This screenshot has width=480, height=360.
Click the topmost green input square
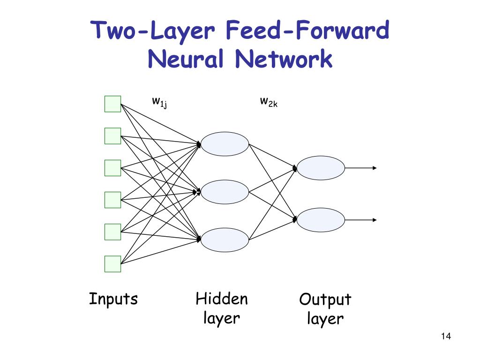(x=112, y=104)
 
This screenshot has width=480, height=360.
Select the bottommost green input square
(x=112, y=264)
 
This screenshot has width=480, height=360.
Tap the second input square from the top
(x=112, y=136)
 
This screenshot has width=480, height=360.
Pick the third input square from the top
(x=112, y=168)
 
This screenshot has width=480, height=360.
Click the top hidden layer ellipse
(x=225, y=144)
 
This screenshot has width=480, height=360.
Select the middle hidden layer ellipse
(x=225, y=192)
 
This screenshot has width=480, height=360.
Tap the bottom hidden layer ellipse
(x=225, y=240)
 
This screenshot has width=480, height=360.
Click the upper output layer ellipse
(x=321, y=168)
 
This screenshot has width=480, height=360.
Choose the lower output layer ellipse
(x=321, y=220)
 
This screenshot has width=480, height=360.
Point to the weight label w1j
(x=159, y=101)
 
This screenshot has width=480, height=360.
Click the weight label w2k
(x=269, y=101)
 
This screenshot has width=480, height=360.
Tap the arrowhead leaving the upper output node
(x=375, y=168)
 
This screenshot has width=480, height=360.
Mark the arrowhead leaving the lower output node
(x=375, y=220)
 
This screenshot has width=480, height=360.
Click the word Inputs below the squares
(x=113, y=299)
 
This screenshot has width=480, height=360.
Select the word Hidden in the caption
(x=222, y=299)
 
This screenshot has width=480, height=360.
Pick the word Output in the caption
(x=325, y=300)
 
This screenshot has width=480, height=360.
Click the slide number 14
(x=446, y=337)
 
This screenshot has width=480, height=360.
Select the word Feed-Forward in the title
(x=307, y=31)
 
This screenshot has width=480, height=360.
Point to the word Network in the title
(x=284, y=60)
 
